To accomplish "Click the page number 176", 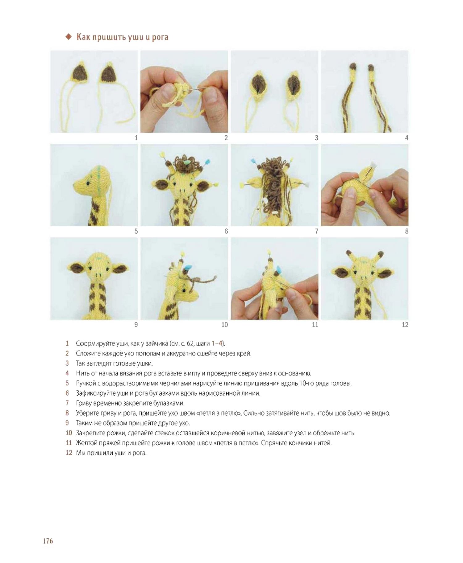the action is [x=48, y=541].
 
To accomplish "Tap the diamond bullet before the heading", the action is [x=69, y=37].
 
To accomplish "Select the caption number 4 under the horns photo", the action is [x=407, y=138].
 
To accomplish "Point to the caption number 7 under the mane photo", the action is [x=316, y=231].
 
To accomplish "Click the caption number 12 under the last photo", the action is [x=405, y=325].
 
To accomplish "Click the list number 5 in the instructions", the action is [x=67, y=383].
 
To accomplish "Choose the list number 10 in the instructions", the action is [x=69, y=433].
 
